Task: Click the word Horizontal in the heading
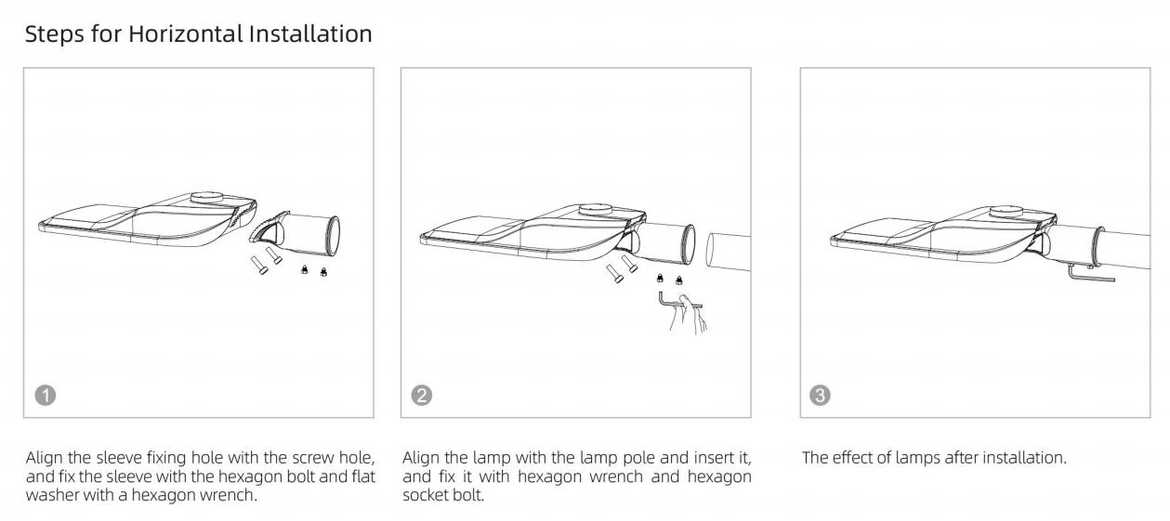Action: (x=186, y=34)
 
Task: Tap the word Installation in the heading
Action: (x=310, y=34)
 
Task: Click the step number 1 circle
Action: (x=46, y=396)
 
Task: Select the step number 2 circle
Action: (x=422, y=396)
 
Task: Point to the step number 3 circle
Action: (x=820, y=396)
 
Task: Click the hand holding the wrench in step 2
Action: (x=689, y=313)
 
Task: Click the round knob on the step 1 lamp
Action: (x=206, y=198)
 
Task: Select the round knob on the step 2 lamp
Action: (x=595, y=209)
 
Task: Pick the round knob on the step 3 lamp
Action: (x=1006, y=212)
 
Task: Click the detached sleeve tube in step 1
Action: (x=309, y=235)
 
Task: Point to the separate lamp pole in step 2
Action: (x=729, y=252)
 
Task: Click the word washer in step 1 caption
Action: (x=52, y=495)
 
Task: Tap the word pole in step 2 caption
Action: (x=637, y=458)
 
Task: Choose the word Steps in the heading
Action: (x=55, y=35)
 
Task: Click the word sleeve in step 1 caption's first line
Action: (x=119, y=458)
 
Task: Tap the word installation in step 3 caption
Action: (x=1024, y=458)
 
